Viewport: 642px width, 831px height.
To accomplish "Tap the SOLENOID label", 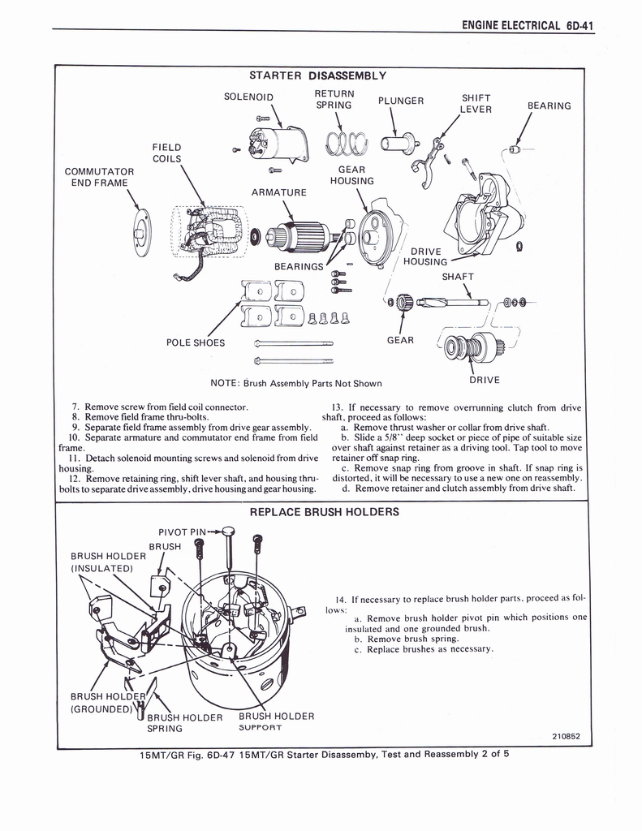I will click(248, 97).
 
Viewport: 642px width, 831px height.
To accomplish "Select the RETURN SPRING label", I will click(334, 99).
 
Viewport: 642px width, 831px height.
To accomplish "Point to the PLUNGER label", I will click(401, 101).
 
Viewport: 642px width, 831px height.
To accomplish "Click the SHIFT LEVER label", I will click(476, 104).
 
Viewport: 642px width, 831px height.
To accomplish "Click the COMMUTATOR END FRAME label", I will click(99, 177).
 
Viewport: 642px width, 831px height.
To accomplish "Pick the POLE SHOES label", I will click(196, 342).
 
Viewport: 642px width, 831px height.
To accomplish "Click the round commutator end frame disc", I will click(141, 232).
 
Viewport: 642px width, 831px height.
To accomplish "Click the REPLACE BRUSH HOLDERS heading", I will click(324, 512).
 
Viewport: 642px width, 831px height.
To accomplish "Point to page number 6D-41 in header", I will click(579, 25).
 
